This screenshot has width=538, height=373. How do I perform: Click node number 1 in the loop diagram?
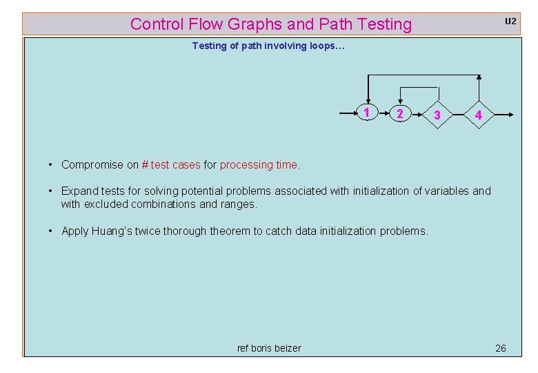coord(368,113)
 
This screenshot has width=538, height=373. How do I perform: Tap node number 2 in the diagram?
coord(400,113)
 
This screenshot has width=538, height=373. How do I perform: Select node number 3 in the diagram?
coord(437,115)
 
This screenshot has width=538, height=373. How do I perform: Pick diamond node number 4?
coord(478,115)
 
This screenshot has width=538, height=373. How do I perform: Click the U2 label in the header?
coord(510,21)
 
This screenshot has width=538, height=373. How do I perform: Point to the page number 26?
coord(501,348)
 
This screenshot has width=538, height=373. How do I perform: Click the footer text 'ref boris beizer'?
coord(269,348)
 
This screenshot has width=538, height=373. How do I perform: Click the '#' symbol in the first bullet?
coord(145,164)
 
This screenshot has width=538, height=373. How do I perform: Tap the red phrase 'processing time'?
coord(259,164)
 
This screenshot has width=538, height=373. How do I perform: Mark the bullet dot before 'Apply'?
coord(51,231)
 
